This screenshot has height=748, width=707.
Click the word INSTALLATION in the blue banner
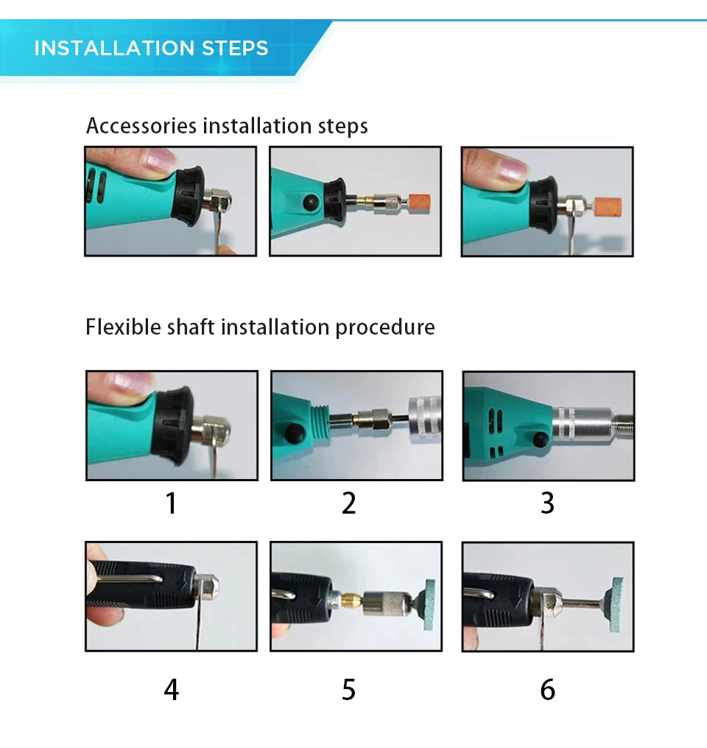pos(114,48)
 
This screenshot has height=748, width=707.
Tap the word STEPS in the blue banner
pos(235,48)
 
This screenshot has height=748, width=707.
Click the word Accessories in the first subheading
pos(141,126)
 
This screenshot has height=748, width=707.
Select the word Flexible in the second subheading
pos(124,327)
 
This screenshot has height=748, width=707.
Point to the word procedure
pos(385,328)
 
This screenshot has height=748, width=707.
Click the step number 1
pos(171,503)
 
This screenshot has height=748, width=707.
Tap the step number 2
pos(349,503)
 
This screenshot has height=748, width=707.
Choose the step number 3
pos(548,503)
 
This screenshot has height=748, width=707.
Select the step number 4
pos(171,690)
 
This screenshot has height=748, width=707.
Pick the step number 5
pos(349,690)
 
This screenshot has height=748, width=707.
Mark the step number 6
pos(548,690)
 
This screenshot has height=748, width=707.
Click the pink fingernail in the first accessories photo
pos(159,161)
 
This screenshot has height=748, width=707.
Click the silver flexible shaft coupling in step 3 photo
pos(584,423)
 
